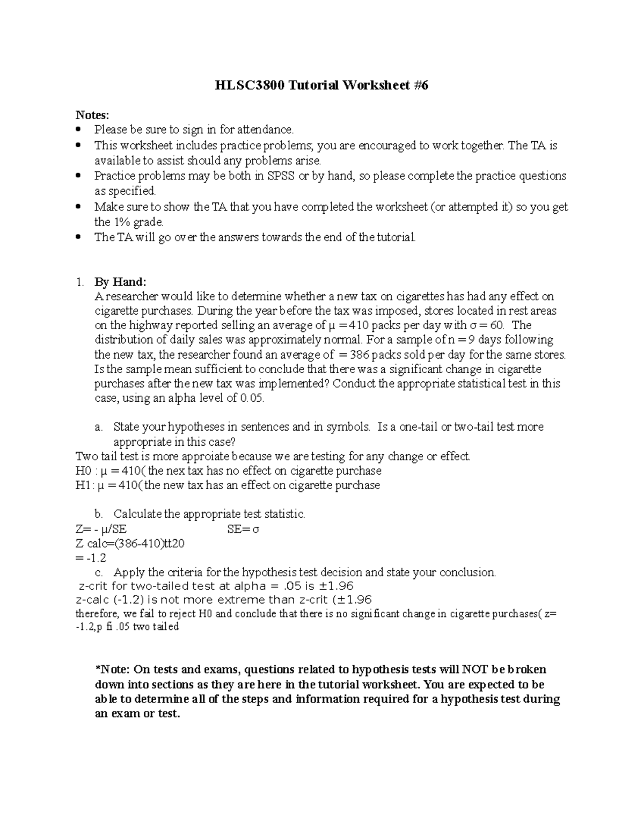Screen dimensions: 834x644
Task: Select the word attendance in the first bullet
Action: pyautogui.click(x=266, y=129)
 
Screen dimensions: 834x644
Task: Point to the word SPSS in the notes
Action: pyautogui.click(x=281, y=176)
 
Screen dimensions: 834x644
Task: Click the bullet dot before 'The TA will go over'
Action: pyautogui.click(x=79, y=237)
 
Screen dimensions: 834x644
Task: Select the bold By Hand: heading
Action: pyautogui.click(x=120, y=282)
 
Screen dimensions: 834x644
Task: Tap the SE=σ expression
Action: pyautogui.click(x=243, y=529)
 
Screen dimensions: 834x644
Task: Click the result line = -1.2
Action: pyautogui.click(x=92, y=558)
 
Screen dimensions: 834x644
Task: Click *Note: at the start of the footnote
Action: pyautogui.click(x=112, y=670)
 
